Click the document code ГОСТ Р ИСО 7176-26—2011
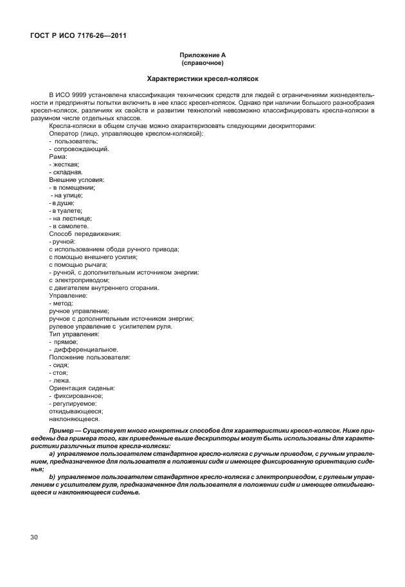[x=77, y=35]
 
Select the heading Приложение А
[x=203, y=57]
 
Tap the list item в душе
[x=64, y=203]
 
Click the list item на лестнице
[x=71, y=218]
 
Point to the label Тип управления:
[x=74, y=334]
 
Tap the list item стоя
[x=60, y=372]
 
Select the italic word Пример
[x=62, y=429]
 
